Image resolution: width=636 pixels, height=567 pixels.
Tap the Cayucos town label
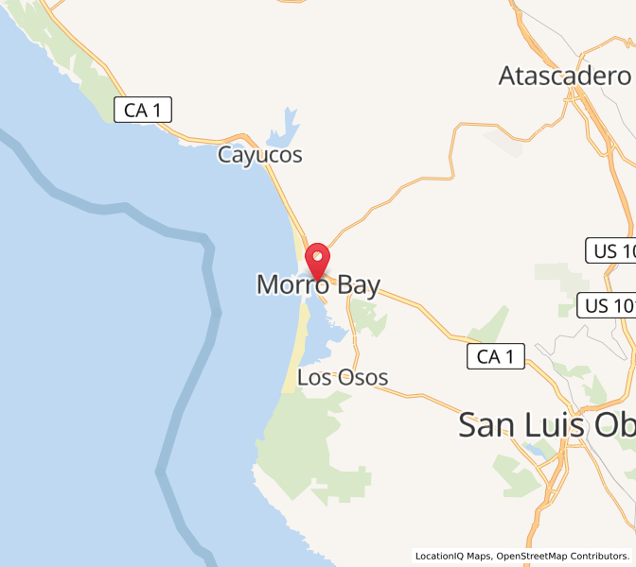pyautogui.click(x=260, y=155)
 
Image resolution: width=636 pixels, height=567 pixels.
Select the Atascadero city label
pyautogui.click(x=565, y=76)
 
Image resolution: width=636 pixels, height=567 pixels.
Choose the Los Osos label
pyautogui.click(x=343, y=378)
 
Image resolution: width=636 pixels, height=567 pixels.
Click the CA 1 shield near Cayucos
pyautogui.click(x=144, y=110)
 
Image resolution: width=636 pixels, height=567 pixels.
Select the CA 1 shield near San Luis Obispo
pyautogui.click(x=496, y=356)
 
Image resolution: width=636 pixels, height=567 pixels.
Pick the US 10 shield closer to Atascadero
pyautogui.click(x=611, y=250)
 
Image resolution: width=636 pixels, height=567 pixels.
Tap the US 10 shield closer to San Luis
pyautogui.click(x=607, y=305)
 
